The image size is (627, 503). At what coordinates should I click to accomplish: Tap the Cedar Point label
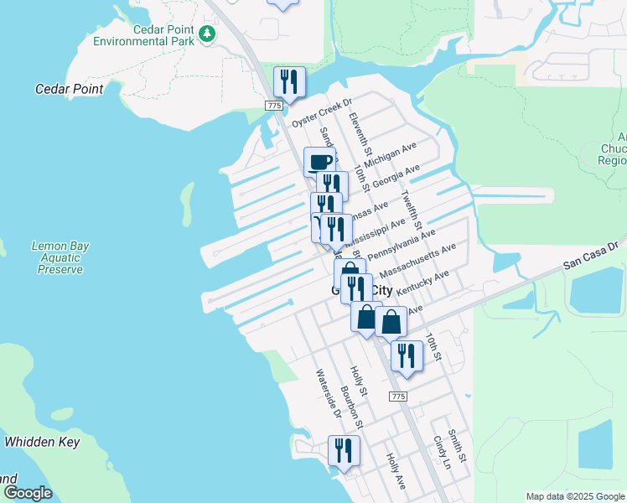point(70,89)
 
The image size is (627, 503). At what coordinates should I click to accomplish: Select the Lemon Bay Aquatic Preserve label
point(60,257)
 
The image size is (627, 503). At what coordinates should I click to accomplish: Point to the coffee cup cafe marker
point(319,162)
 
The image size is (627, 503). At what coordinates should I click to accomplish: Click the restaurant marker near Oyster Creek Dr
point(288,81)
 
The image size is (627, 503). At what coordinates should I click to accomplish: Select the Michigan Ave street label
point(391,156)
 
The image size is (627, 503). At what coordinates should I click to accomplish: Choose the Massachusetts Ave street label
point(417,261)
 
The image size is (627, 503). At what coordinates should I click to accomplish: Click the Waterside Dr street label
point(328,393)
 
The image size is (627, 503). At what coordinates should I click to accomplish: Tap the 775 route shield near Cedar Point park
point(274,105)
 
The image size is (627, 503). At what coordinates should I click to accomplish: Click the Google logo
point(28,493)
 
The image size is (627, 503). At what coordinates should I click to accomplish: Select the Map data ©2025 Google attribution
point(574,496)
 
